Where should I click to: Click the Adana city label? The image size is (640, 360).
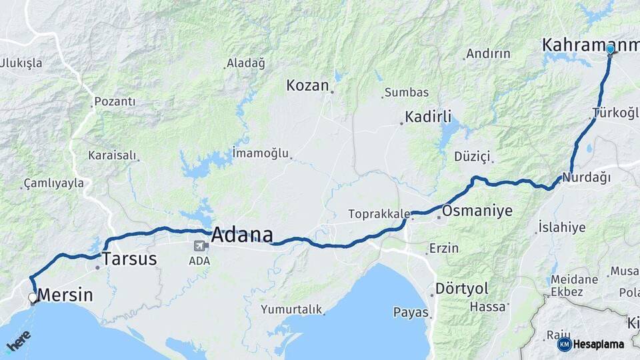[242, 235]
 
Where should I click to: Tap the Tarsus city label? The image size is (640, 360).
[129, 259]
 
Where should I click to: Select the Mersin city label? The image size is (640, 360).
[65, 295]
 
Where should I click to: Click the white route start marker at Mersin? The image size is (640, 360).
[33, 297]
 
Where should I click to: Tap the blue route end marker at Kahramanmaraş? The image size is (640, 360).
[610, 49]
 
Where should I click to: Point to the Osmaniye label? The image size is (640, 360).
[477, 211]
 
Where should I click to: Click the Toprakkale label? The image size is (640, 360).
[379, 214]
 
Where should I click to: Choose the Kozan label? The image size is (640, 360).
[308, 85]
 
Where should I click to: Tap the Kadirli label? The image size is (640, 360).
[428, 116]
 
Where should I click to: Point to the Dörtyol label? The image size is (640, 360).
[461, 289]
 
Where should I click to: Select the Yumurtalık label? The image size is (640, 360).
[291, 309]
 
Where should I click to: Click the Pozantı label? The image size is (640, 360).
[115, 101]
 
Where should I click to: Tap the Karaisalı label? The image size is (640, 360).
[112, 155]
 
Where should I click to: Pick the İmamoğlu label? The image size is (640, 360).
[261, 153]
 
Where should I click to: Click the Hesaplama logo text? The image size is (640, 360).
[599, 345]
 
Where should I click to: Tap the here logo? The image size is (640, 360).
[19, 342]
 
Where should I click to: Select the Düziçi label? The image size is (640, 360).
[472, 157]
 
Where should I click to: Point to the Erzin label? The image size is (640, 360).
[444, 248]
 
